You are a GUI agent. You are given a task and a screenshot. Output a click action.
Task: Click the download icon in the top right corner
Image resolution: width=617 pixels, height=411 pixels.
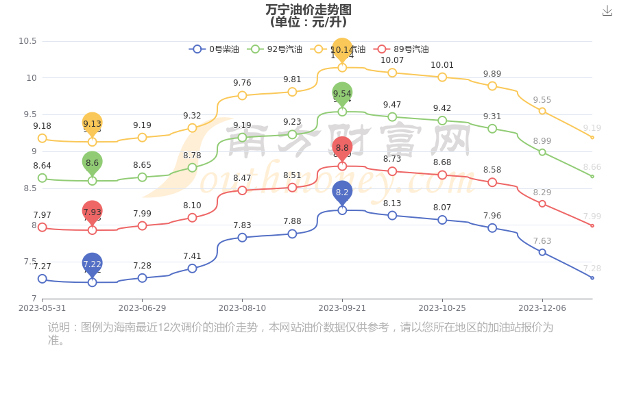(x=607, y=11)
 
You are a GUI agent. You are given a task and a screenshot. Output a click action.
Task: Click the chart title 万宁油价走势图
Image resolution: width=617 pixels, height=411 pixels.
(x=308, y=10)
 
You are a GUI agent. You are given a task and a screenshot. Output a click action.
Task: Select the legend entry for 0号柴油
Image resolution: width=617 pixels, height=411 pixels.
(x=215, y=49)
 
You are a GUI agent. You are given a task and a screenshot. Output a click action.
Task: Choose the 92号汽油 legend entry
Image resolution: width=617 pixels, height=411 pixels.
(x=275, y=49)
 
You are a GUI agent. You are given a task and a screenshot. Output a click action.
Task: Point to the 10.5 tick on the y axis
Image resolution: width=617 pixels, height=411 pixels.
(x=27, y=41)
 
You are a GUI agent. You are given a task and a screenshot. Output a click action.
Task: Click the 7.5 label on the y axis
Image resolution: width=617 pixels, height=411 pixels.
(x=30, y=262)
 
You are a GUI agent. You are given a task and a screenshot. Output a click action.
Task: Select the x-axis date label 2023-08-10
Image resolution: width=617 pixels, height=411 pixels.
(x=242, y=308)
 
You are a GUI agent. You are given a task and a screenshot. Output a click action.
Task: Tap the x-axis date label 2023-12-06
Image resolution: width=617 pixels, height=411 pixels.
(x=542, y=308)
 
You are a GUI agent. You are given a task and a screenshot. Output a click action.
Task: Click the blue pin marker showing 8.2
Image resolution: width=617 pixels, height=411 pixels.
(x=342, y=192)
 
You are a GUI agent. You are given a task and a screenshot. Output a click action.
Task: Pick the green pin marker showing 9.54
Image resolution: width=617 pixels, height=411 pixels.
(x=342, y=94)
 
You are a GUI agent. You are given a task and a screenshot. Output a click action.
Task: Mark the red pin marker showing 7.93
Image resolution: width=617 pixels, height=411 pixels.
(x=92, y=212)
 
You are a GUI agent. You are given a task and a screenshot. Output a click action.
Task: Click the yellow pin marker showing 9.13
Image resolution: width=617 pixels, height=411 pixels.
(x=92, y=124)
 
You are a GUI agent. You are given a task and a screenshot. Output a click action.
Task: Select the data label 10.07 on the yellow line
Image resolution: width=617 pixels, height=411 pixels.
(x=392, y=60)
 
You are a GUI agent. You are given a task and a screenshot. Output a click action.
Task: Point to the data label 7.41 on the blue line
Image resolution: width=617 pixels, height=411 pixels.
(x=192, y=256)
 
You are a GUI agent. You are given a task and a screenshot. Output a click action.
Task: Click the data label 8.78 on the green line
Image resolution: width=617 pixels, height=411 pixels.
(x=192, y=155)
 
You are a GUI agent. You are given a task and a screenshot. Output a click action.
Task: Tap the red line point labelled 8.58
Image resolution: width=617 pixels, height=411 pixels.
(x=492, y=182)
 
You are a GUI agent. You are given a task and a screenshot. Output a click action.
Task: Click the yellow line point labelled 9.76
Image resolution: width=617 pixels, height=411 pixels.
(x=242, y=95)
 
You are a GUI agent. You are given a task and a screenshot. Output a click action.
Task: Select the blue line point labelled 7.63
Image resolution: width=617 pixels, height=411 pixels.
(x=542, y=252)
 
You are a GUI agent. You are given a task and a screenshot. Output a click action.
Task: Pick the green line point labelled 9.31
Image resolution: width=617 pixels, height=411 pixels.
(x=492, y=128)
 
